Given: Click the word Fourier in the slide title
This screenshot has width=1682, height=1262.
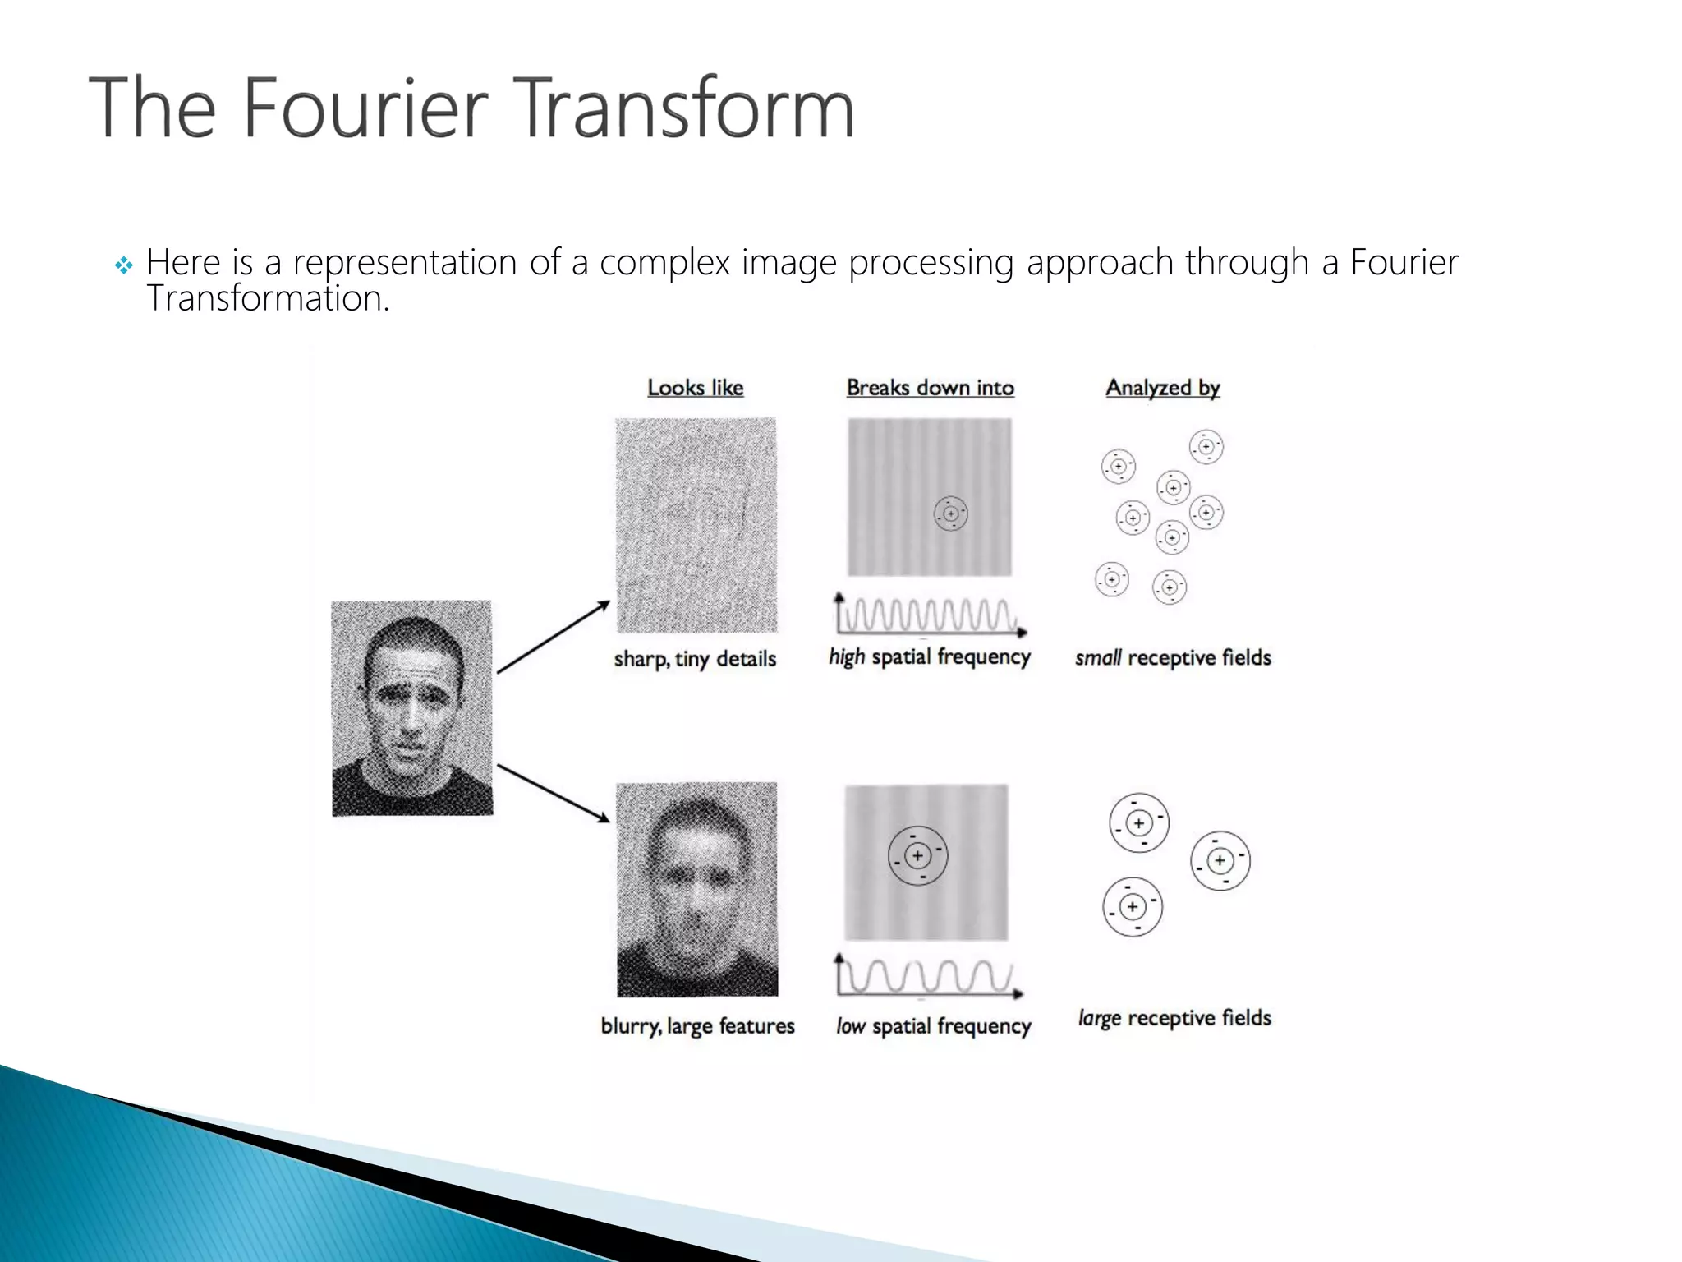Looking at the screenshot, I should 365,108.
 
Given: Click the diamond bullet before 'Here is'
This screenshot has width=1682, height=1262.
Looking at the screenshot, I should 123,265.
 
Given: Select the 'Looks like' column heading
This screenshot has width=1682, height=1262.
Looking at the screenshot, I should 695,388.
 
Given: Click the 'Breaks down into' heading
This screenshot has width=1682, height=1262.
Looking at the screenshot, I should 930,388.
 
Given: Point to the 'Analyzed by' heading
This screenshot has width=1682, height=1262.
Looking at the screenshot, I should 1162,388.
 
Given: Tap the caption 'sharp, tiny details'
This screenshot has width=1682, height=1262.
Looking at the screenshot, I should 695,659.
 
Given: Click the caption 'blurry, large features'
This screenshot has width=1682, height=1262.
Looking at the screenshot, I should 697,1026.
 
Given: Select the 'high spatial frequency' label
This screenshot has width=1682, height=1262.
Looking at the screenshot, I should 929,657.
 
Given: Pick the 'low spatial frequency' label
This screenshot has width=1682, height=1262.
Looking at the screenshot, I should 933,1026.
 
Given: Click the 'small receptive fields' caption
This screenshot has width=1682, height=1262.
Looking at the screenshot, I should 1173,657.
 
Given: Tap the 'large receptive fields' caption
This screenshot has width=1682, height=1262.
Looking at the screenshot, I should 1174,1018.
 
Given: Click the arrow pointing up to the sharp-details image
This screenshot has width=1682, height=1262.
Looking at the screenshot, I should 554,638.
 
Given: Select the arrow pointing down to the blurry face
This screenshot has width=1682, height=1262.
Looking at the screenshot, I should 554,793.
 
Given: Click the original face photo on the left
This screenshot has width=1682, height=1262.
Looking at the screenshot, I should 411,708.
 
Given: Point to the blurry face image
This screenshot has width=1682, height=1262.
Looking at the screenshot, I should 696,889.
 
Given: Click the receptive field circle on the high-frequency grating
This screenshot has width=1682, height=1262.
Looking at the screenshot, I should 950,514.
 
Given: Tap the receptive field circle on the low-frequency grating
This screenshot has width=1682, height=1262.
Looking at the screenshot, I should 917,856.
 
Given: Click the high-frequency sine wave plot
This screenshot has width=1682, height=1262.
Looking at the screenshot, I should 930,615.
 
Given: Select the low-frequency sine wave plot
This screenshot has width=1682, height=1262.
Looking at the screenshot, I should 928,977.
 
